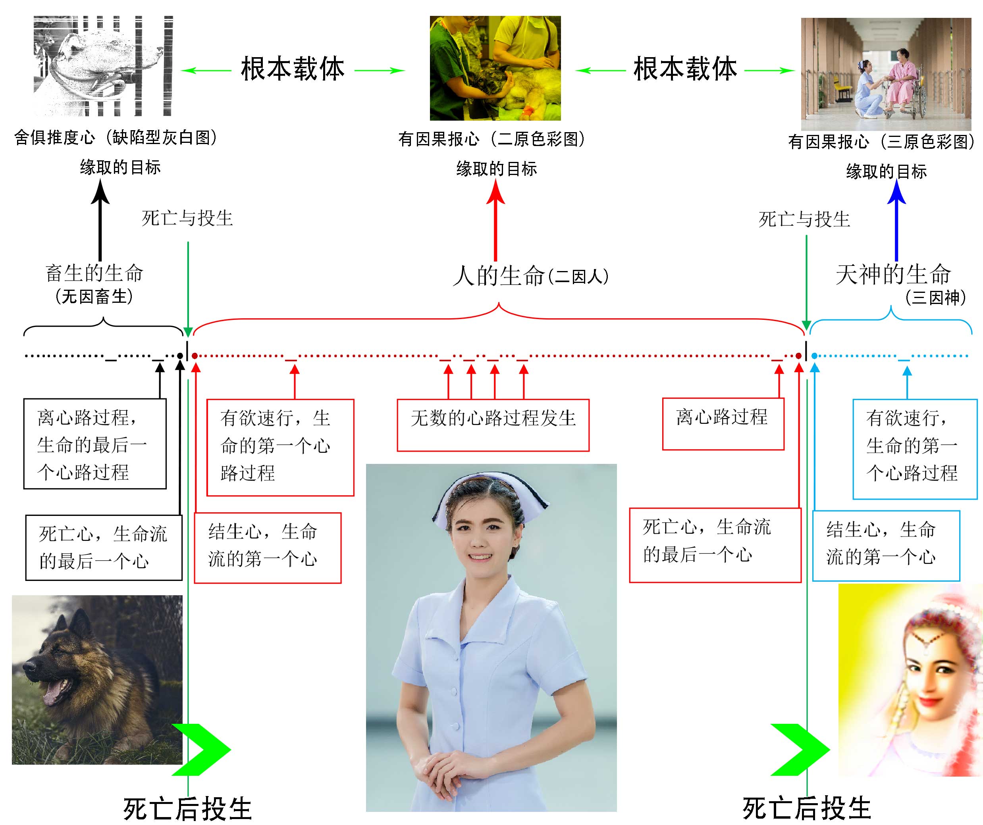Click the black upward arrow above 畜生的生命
[x=100, y=220]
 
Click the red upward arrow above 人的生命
[x=495, y=220]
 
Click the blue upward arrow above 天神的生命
[x=896, y=220]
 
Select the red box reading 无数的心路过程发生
[x=493, y=425]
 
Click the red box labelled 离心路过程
[x=723, y=423]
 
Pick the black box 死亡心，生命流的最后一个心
[x=104, y=548]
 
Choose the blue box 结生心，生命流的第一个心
[x=886, y=546]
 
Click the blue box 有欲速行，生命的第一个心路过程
[x=915, y=448]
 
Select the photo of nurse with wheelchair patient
[x=886, y=74]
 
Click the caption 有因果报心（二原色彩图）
[x=491, y=139]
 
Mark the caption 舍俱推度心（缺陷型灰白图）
[x=115, y=138]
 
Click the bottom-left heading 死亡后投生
[x=187, y=808]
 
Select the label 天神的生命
[x=892, y=274]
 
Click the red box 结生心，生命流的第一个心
[x=267, y=548]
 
